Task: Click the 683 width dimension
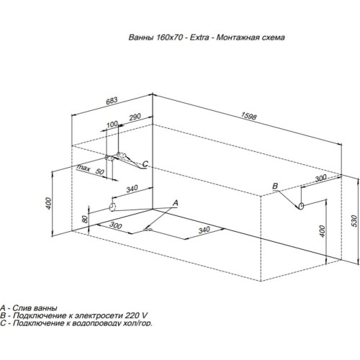point(112,100)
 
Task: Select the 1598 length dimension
point(248,116)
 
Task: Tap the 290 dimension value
point(135,117)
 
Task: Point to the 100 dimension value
point(112,125)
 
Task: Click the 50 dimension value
point(100,171)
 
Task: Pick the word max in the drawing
point(84,168)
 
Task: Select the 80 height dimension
point(85,220)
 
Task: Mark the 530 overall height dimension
point(354,221)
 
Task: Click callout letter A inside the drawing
point(176,203)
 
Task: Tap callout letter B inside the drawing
point(275,186)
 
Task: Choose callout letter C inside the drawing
point(145,164)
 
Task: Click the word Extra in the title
point(199,37)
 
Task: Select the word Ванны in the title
point(141,37)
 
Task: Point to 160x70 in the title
point(170,37)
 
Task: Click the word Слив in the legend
point(22,307)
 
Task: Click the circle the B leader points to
point(302,206)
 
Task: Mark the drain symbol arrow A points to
point(148,230)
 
